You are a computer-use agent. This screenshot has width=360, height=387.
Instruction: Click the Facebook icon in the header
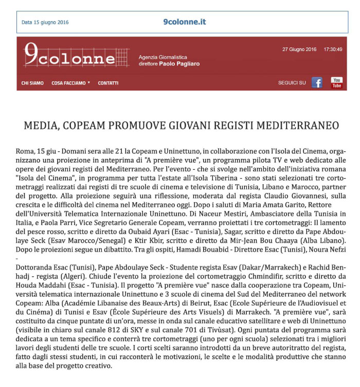pos(317,82)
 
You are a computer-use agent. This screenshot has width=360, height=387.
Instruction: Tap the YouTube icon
pos(336,82)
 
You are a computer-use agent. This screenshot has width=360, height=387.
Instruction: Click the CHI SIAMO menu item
pos(32,83)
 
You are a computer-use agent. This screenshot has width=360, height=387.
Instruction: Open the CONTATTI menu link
pos(108,83)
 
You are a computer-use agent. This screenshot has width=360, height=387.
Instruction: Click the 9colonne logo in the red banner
pos(70,56)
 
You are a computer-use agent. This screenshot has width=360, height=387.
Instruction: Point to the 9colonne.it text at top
pos(184,22)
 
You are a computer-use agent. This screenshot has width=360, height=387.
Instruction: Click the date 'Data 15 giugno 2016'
pos(45,23)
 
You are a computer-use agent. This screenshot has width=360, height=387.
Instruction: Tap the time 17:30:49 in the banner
pos(333,49)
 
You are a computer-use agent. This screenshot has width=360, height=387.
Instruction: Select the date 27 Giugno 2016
pos(299,49)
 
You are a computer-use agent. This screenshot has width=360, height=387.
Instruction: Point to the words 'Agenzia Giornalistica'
pos(163,57)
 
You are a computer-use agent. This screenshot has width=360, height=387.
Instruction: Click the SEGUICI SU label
pos(292,83)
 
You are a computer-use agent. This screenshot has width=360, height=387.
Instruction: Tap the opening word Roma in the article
pos(24,153)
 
